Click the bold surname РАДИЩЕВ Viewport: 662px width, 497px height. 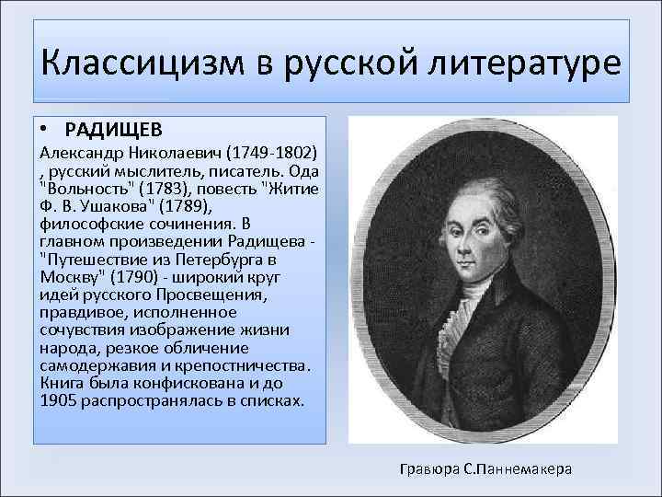click(114, 129)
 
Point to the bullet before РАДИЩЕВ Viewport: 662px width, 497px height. click(45, 128)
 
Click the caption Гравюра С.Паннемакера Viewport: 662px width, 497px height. click(486, 468)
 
